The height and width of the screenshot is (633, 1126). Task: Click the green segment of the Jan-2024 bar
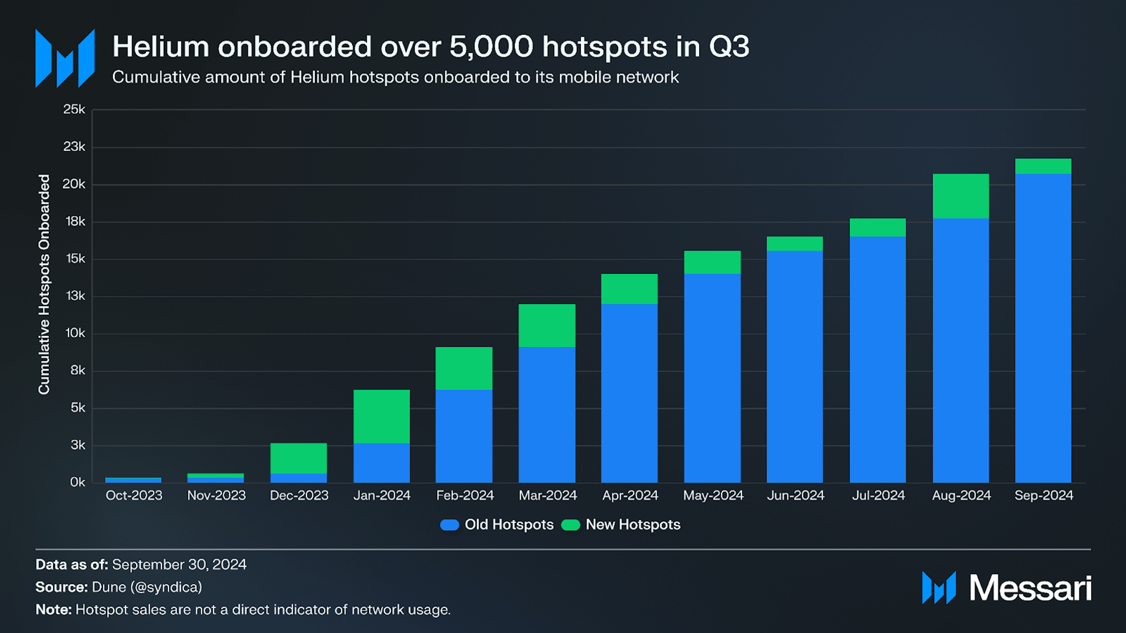tap(381, 416)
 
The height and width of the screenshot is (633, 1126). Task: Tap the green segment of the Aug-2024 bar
tap(960, 195)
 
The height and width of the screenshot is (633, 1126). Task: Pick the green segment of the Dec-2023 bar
tap(298, 458)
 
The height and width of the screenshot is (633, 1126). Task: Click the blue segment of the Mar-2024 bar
tap(547, 414)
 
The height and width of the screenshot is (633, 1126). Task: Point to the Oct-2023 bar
tap(133, 480)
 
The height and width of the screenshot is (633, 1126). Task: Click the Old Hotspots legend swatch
tap(449, 525)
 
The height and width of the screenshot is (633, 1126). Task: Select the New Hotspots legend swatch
tap(570, 525)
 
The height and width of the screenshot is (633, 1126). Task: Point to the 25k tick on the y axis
tap(74, 109)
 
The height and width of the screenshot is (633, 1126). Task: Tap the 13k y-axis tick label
tap(75, 296)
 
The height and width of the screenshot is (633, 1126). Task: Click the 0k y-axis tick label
tap(77, 482)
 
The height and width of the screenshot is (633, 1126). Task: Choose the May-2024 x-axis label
tap(713, 495)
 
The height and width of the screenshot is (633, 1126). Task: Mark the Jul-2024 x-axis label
tap(878, 495)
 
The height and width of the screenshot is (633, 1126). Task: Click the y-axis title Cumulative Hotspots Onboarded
tap(44, 284)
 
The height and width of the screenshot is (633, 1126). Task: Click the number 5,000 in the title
tap(491, 47)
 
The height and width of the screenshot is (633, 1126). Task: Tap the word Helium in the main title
tap(160, 47)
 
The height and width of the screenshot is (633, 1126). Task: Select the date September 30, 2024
tap(179, 565)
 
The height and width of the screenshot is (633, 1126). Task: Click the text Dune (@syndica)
tap(147, 587)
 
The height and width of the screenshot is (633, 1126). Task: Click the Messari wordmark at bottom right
tap(1030, 588)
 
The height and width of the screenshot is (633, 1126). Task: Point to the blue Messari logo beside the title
tap(65, 58)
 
